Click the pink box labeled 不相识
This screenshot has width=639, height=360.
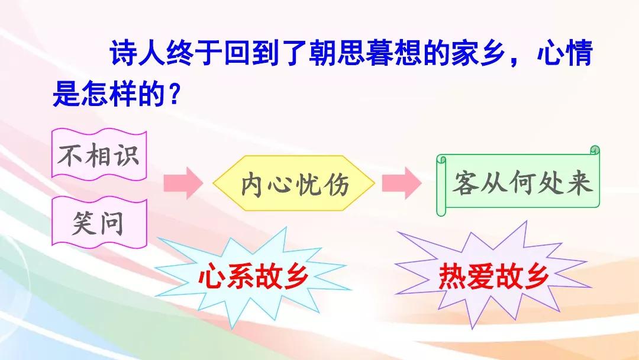[99, 155]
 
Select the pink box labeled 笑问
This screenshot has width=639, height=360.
[99, 223]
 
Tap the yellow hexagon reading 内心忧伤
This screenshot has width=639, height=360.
[294, 183]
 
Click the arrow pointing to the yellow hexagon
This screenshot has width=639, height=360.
[183, 183]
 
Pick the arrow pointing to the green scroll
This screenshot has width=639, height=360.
[401, 183]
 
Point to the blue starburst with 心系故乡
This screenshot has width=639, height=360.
[253, 277]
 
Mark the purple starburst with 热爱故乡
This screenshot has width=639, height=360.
[493, 276]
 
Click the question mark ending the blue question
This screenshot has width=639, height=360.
[174, 95]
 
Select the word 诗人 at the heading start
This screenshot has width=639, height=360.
[137, 54]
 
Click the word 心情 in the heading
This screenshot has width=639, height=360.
[564, 54]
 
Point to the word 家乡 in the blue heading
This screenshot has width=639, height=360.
[478, 54]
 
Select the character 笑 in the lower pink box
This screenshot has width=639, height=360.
[85, 223]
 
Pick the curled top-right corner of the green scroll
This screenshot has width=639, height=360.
[595, 150]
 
